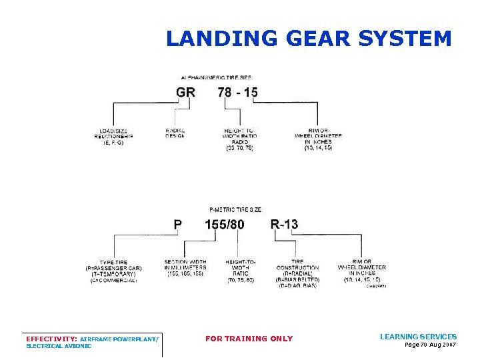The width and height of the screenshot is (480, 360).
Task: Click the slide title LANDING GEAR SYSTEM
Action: click(x=309, y=39)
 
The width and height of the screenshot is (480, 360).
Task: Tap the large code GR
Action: click(x=186, y=93)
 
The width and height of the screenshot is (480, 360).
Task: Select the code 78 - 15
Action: click(x=238, y=93)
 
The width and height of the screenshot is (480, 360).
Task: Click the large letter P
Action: click(x=178, y=225)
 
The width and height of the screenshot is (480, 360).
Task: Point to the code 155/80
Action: click(x=225, y=225)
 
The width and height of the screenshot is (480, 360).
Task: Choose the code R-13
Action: click(x=284, y=225)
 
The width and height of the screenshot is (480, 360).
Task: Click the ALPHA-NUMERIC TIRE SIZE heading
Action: click(x=217, y=77)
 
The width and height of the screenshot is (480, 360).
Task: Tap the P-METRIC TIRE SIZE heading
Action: click(x=241, y=209)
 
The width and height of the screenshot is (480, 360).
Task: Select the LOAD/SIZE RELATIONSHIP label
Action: click(x=114, y=136)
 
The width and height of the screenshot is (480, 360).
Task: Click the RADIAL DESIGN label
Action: click(x=175, y=133)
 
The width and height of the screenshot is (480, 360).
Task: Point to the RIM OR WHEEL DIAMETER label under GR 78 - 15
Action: click(x=318, y=139)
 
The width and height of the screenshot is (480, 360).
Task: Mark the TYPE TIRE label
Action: click(x=114, y=271)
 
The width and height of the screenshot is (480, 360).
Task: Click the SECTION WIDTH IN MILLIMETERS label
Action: click(x=185, y=267)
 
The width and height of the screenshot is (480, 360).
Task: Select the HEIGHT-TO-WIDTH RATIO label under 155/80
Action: click(x=241, y=271)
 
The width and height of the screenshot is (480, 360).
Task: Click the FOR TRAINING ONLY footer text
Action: click(x=249, y=339)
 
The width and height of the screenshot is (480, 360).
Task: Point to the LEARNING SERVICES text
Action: click(x=418, y=337)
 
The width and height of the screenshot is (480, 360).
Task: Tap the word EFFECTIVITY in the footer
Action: click(x=51, y=339)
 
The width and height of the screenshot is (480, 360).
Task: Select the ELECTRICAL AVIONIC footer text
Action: click(x=59, y=346)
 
